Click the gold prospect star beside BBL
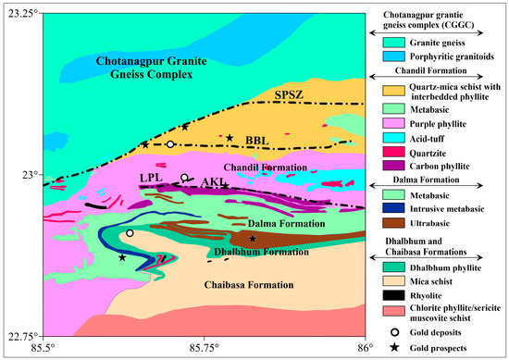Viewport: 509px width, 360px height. [230, 138]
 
